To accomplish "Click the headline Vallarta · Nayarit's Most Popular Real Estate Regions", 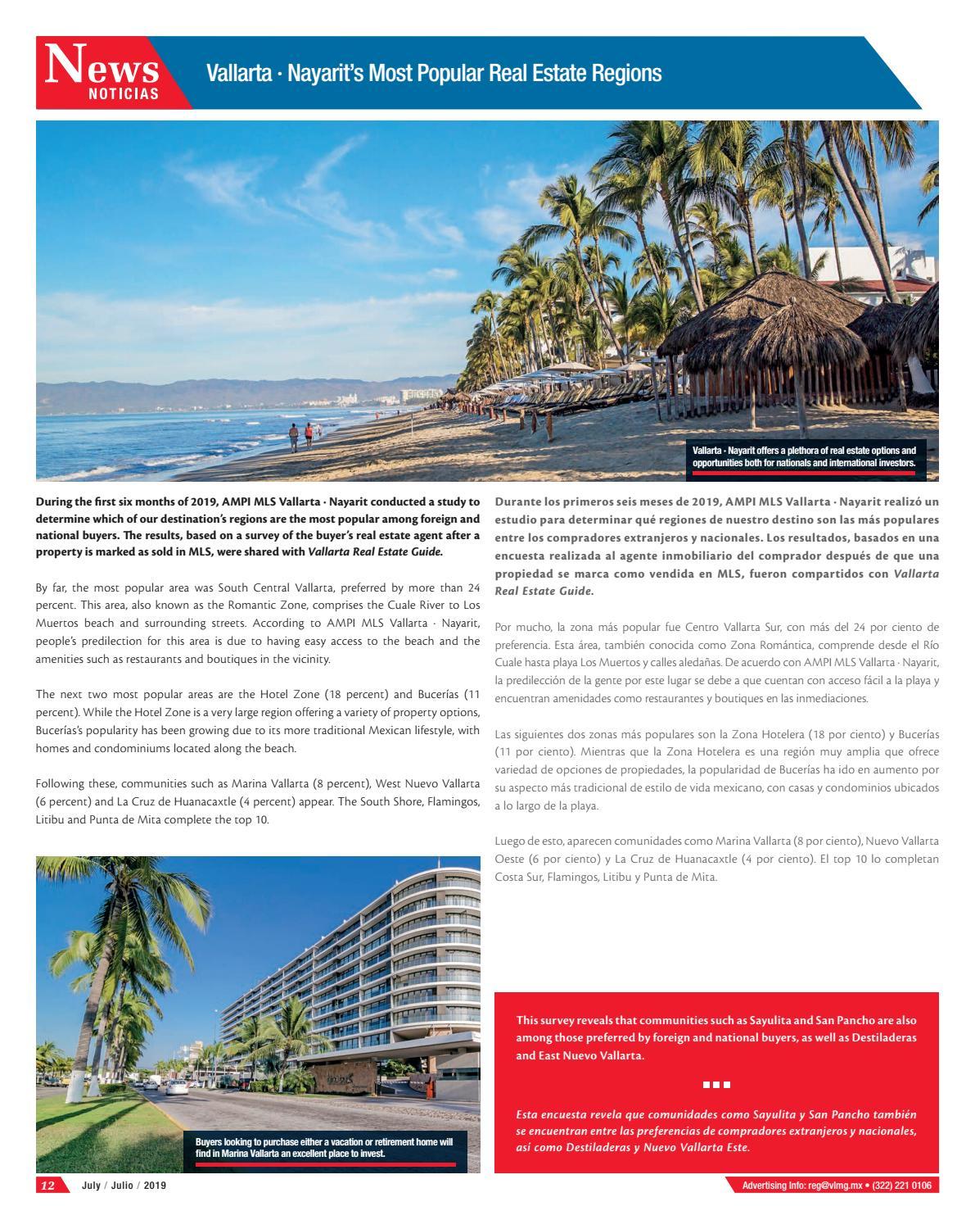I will [434, 74].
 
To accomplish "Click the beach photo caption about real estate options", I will [804, 456].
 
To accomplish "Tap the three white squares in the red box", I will [716, 1085].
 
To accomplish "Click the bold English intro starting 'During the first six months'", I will [258, 526].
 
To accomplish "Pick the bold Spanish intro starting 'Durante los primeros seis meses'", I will [716, 545].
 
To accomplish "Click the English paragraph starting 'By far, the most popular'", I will [258, 623].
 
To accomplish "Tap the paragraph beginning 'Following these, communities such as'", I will [258, 800].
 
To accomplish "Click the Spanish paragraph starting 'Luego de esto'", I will [716, 859].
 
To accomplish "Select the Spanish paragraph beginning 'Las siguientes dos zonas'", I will [716, 769].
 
